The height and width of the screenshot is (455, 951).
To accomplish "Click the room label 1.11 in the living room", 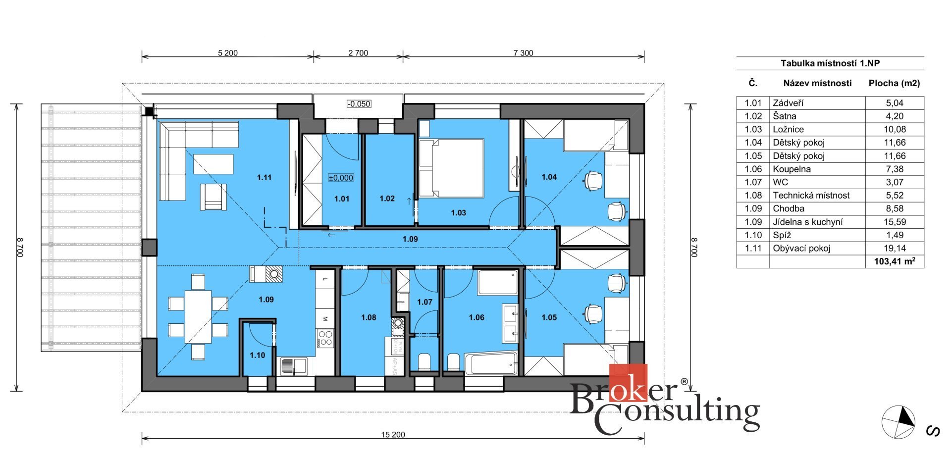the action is click(x=264, y=177).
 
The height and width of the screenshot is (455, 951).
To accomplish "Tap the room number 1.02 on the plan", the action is click(x=387, y=199).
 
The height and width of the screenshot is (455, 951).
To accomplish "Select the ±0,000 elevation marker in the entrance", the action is click(x=341, y=178).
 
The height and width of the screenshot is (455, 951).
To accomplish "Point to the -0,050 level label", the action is click(x=359, y=104).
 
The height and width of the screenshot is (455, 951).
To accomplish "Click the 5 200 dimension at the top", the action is click(x=228, y=53).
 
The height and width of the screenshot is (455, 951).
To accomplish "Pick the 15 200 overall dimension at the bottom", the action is click(x=393, y=435).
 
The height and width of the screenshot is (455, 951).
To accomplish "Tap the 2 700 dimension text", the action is click(x=358, y=53).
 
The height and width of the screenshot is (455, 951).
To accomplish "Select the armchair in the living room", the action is click(x=213, y=197).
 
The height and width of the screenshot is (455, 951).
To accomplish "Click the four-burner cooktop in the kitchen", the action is click(x=325, y=338).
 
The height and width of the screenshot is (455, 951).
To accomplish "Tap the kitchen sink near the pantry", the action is click(x=293, y=366).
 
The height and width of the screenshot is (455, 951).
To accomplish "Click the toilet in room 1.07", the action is click(x=424, y=362).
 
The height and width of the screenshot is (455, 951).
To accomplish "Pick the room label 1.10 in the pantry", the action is click(x=258, y=355).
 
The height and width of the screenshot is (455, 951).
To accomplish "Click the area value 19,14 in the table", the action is click(x=894, y=249).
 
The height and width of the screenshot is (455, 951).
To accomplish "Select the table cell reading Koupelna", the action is click(x=792, y=169).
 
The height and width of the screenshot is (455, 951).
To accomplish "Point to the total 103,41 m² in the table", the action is click(x=895, y=261).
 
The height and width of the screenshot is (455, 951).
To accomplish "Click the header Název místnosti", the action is click(x=817, y=83).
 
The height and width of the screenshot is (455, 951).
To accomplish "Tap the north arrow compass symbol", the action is click(x=898, y=422).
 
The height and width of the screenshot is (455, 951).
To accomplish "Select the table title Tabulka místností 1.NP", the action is click(x=830, y=63).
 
